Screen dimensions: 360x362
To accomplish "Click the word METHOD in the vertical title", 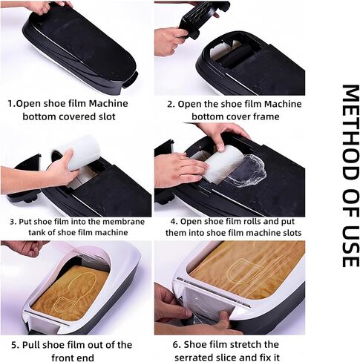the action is tap(350, 132).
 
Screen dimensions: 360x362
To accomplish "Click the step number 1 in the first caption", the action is tap(10, 104).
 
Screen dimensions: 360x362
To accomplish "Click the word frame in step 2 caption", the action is tap(265, 116).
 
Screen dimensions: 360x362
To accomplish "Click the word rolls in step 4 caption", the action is tap(250, 221).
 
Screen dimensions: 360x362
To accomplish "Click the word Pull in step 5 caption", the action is tap(30, 345).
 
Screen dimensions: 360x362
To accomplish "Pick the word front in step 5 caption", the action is tap(63, 358).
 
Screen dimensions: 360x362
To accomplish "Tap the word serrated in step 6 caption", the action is tap(194, 358).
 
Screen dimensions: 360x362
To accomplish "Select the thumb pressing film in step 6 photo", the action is tap(223, 318).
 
